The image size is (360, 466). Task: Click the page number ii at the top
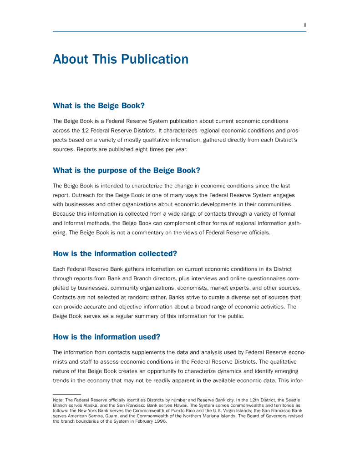(304, 25)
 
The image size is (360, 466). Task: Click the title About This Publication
(121, 59)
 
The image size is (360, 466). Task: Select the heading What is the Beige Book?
(99, 106)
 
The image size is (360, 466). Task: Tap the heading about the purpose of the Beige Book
(127, 171)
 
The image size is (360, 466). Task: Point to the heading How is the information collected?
(115, 253)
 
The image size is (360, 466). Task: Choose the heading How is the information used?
(106, 337)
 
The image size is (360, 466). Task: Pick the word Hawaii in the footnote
(180, 405)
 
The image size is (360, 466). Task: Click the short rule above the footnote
(66, 394)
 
